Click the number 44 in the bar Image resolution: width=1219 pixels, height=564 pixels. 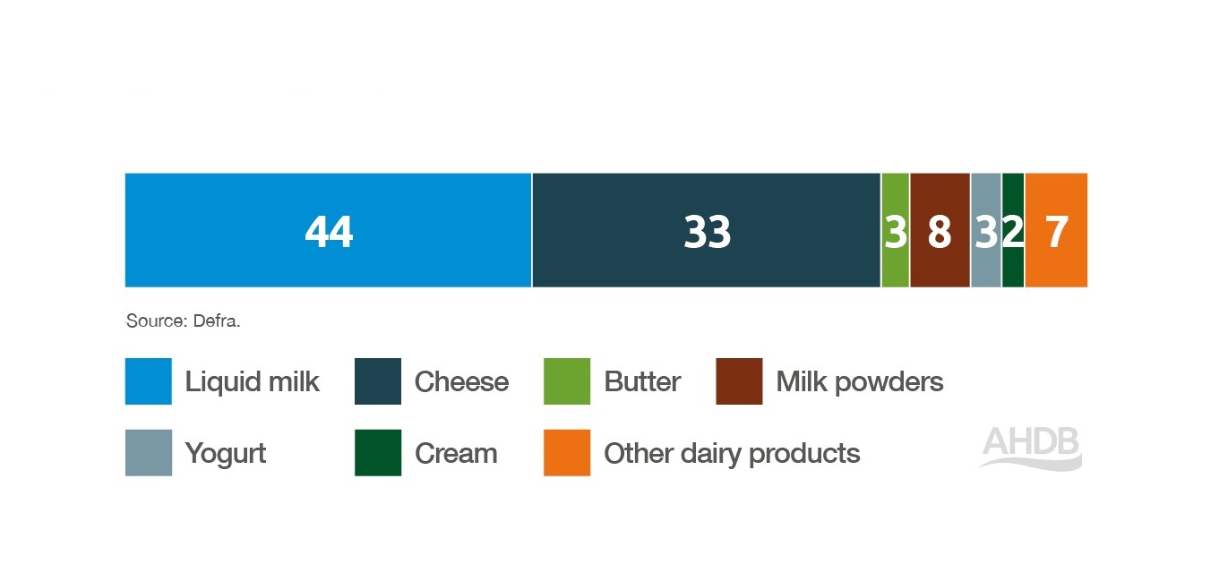pos(329,232)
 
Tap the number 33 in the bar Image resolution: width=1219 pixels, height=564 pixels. pos(708,232)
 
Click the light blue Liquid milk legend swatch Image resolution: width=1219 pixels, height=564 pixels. pos(148,381)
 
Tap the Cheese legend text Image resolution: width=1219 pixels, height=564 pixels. pos(461,382)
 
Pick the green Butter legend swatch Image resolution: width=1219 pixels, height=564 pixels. pos(567,381)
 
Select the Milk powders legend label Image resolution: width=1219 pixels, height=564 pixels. pos(859,382)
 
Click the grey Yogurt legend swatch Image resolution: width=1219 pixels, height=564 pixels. pos(148,452)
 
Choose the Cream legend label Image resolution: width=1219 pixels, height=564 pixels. pos(456,454)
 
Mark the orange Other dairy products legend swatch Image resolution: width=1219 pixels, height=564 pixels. pos(567,452)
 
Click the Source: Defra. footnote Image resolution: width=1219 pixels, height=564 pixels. pos(183,320)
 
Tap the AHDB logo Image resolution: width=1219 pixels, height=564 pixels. pos(1031,447)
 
